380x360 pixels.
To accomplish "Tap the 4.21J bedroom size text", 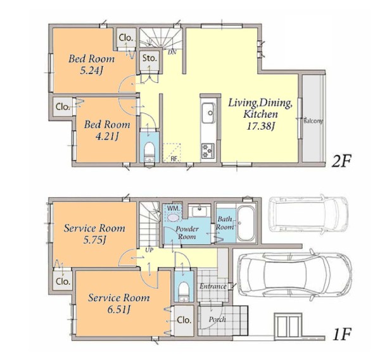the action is point(107,137).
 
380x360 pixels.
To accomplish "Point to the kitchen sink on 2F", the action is point(208,113).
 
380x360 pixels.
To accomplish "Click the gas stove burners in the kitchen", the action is point(208,151).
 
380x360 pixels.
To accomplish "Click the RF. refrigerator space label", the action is point(174,159).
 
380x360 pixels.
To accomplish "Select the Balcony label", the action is point(313,121).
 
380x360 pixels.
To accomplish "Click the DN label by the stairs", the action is point(172,52).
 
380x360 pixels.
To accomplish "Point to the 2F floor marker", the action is point(341,161).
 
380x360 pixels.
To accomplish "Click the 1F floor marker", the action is point(342,335).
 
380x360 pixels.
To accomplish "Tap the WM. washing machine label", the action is point(174,208).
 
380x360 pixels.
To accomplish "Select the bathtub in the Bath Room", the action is point(246,223).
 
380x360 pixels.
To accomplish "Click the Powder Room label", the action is point(187,233).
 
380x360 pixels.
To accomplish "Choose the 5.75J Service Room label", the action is point(94,234).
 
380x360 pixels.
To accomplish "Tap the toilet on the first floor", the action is point(184,291).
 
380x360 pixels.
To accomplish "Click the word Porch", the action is point(217,320).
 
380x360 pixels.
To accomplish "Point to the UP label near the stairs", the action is point(149,250).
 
